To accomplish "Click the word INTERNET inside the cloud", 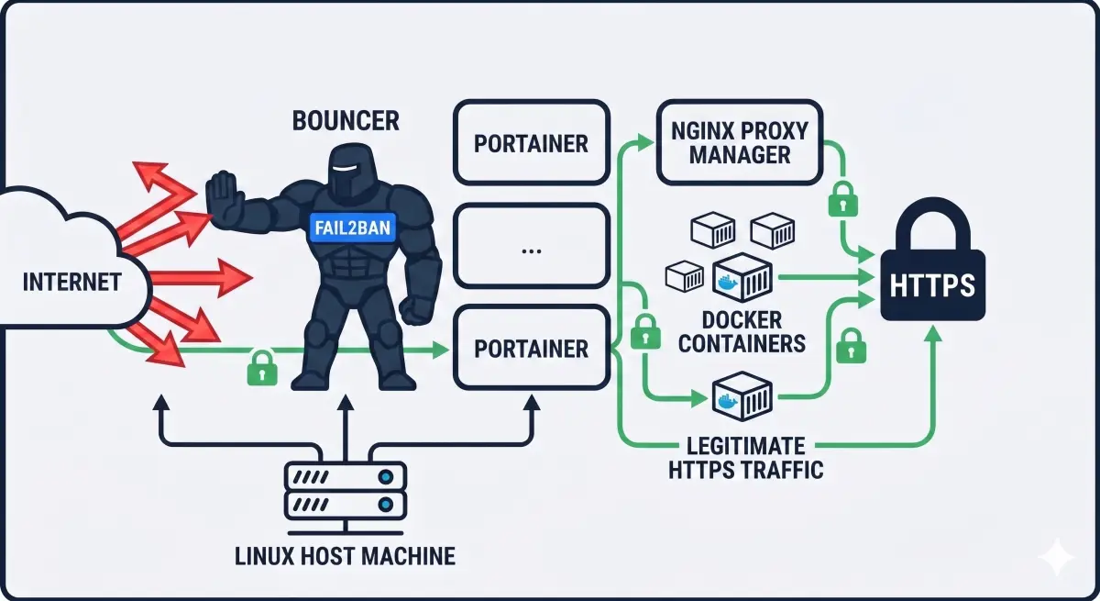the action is (x=72, y=282).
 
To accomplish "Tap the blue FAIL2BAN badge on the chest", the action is (x=353, y=228).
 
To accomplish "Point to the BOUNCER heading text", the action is (x=346, y=121).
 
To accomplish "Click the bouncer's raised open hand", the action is (x=225, y=199).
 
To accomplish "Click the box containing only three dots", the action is (x=532, y=246).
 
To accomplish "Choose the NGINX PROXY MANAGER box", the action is (x=740, y=142).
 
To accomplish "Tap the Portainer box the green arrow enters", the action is (x=532, y=348).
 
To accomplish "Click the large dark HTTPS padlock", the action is (x=932, y=260).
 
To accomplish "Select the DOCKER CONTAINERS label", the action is (x=742, y=332).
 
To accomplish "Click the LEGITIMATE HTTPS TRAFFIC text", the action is (x=745, y=458).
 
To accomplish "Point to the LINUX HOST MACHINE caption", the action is (x=345, y=556).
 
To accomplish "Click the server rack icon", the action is (x=346, y=497).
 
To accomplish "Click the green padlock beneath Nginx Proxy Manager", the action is (x=842, y=199).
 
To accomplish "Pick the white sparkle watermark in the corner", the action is (x=1056, y=557).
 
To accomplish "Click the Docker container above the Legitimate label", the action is (x=742, y=396).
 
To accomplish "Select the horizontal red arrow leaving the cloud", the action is (x=201, y=278).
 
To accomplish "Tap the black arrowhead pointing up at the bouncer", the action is (x=346, y=403).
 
